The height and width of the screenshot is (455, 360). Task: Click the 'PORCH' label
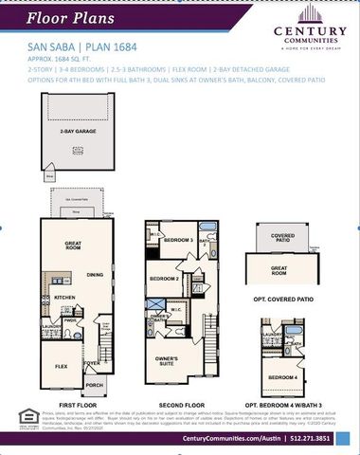click(93, 385)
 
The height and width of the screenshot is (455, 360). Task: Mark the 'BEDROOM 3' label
click(178, 241)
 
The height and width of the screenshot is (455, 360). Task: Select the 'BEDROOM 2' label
click(164, 279)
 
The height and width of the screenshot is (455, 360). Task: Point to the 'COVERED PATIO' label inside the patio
click(282, 237)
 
